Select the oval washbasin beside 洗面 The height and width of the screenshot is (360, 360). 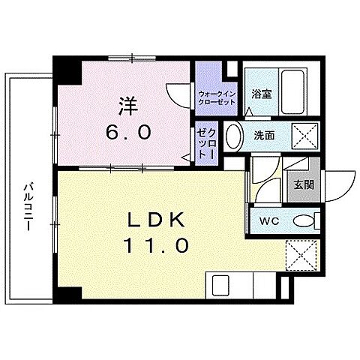[x=234, y=137]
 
